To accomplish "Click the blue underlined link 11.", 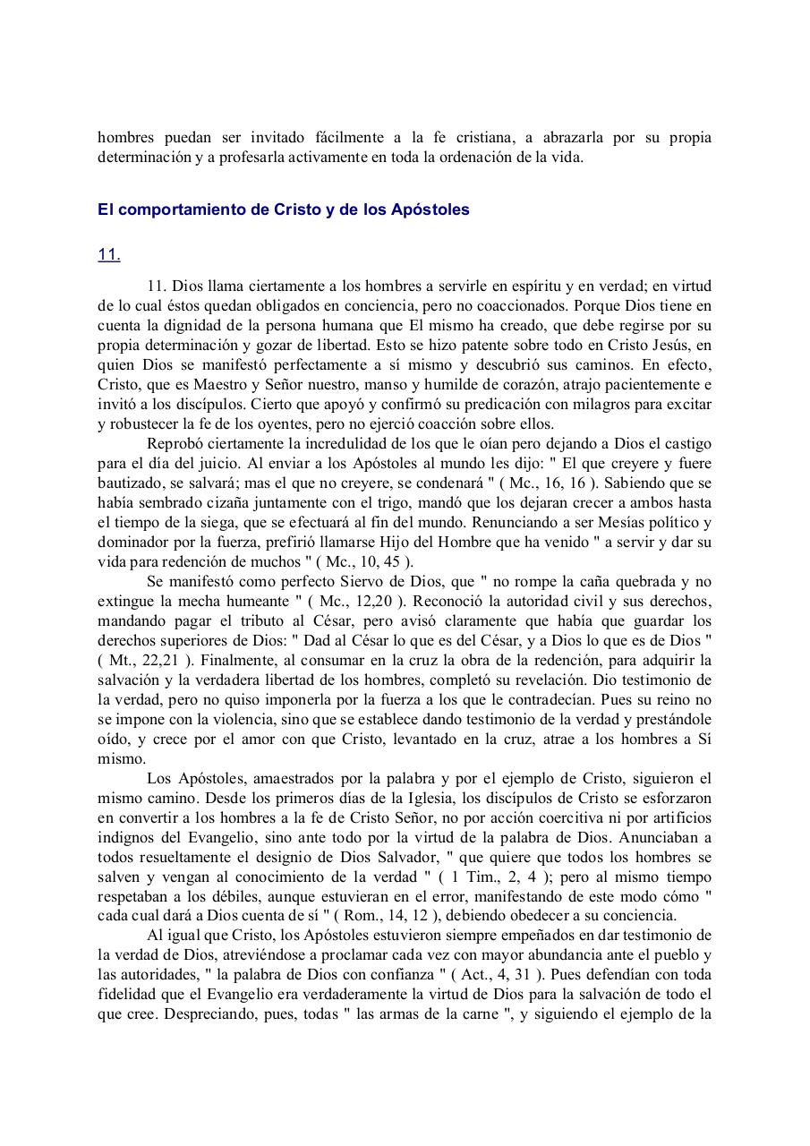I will coord(108,255).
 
